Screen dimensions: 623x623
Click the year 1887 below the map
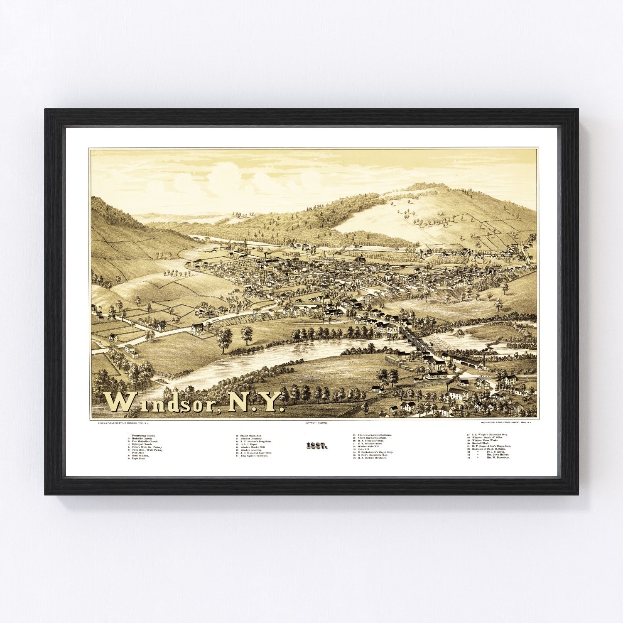[317, 446]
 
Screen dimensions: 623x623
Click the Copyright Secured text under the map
[316, 423]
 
